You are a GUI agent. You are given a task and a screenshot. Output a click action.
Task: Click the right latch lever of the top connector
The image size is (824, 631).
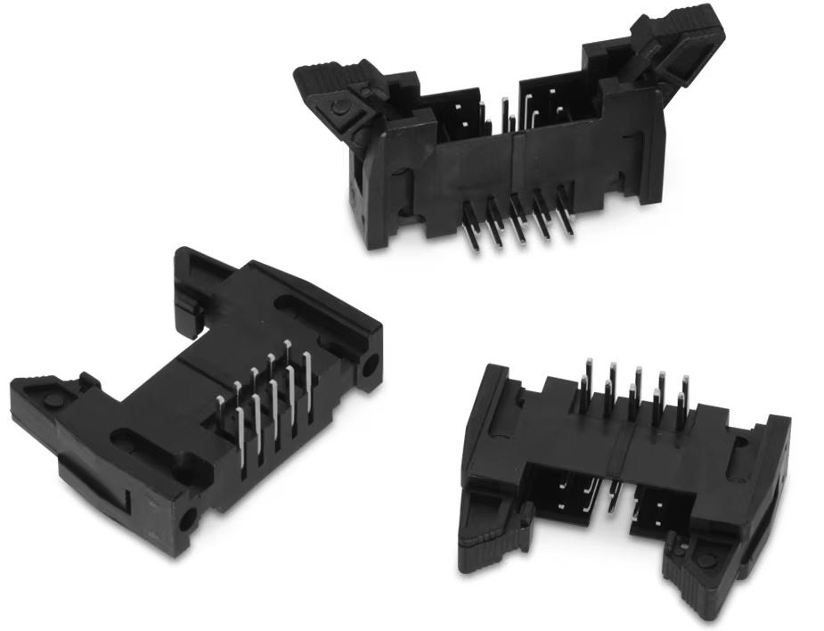[677, 40]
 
